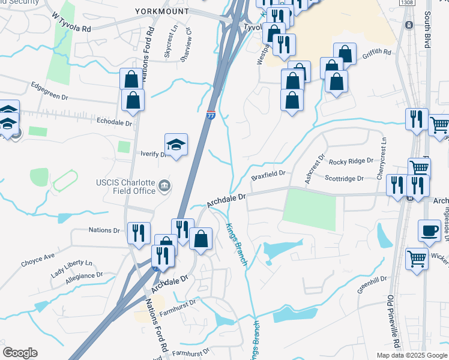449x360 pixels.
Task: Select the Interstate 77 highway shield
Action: coord(211,115)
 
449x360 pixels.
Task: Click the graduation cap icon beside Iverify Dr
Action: coord(176,145)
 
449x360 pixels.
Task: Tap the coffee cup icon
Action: coord(430,231)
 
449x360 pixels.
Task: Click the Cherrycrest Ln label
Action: coord(381,152)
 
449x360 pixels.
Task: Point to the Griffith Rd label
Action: coord(376,54)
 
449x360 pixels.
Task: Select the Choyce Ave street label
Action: coord(37,260)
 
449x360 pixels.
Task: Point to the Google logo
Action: coord(20,353)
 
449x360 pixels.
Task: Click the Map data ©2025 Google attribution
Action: coord(411,355)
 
